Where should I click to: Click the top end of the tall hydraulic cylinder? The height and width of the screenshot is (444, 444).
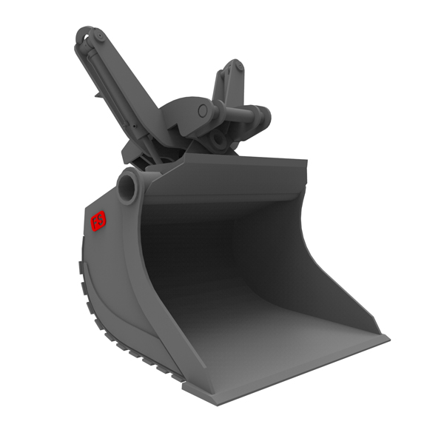point(88,34)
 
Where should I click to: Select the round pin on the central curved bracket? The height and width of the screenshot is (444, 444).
point(203,110)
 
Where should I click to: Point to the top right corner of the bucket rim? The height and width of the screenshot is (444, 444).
point(305,160)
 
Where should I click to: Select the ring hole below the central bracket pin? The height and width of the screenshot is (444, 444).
point(218,139)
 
